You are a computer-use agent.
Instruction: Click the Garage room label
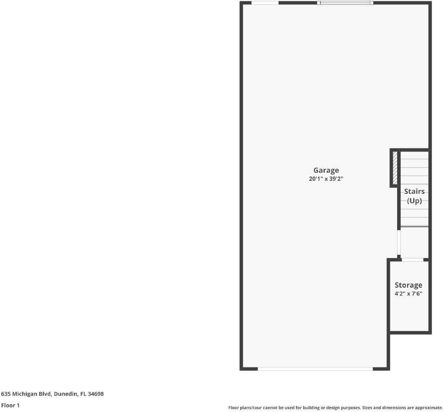pos(326,170)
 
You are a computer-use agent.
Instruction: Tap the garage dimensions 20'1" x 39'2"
pos(326,179)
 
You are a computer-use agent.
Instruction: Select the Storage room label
pos(408,285)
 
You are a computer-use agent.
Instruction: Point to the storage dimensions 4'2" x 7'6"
pos(408,293)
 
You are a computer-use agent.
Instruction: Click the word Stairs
pos(414,191)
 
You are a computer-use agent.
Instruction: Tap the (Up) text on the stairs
pos(414,201)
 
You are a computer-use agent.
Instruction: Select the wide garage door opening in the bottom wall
pos(315,369)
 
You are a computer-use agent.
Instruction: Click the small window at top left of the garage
pos(265,3)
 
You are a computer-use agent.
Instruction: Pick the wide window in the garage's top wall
pos(345,3)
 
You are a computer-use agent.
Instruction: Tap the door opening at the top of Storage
pos(412,260)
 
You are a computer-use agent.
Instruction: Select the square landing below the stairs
pos(414,242)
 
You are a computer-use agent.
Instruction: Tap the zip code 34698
pos(96,394)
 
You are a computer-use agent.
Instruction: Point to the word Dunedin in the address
pos(66,394)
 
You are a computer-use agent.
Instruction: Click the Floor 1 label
pos(10,406)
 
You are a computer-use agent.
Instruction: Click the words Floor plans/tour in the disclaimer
pos(245,408)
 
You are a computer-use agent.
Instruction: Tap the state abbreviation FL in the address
pos(83,394)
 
